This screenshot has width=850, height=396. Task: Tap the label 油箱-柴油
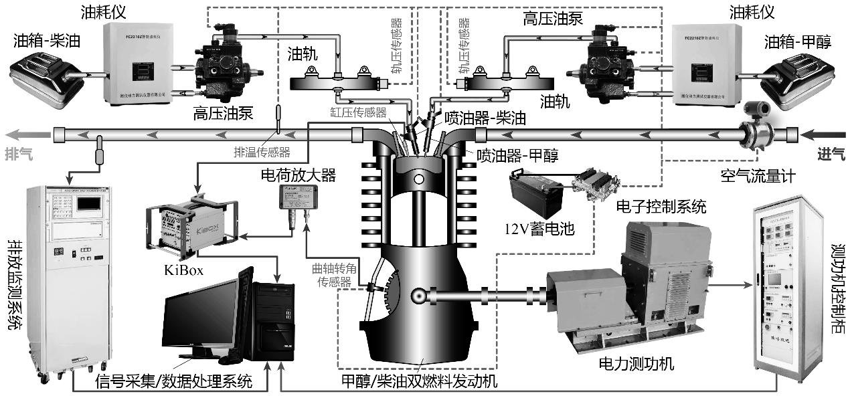point(46,41)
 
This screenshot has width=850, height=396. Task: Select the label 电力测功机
point(636,365)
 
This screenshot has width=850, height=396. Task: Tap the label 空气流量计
point(753,177)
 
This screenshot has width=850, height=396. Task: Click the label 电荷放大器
point(299,175)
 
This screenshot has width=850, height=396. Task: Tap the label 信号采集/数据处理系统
point(174,382)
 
